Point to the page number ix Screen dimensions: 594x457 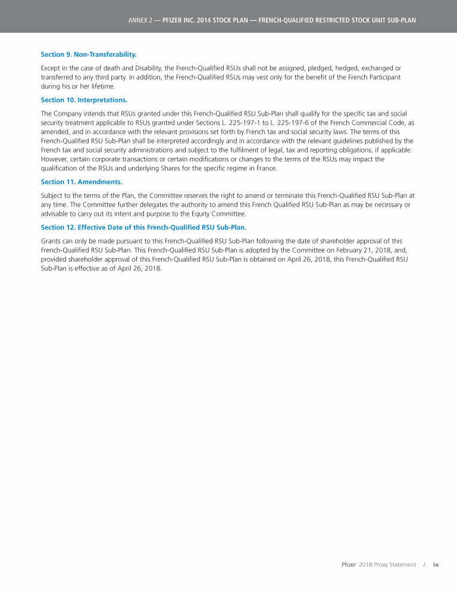(x=436, y=565)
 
